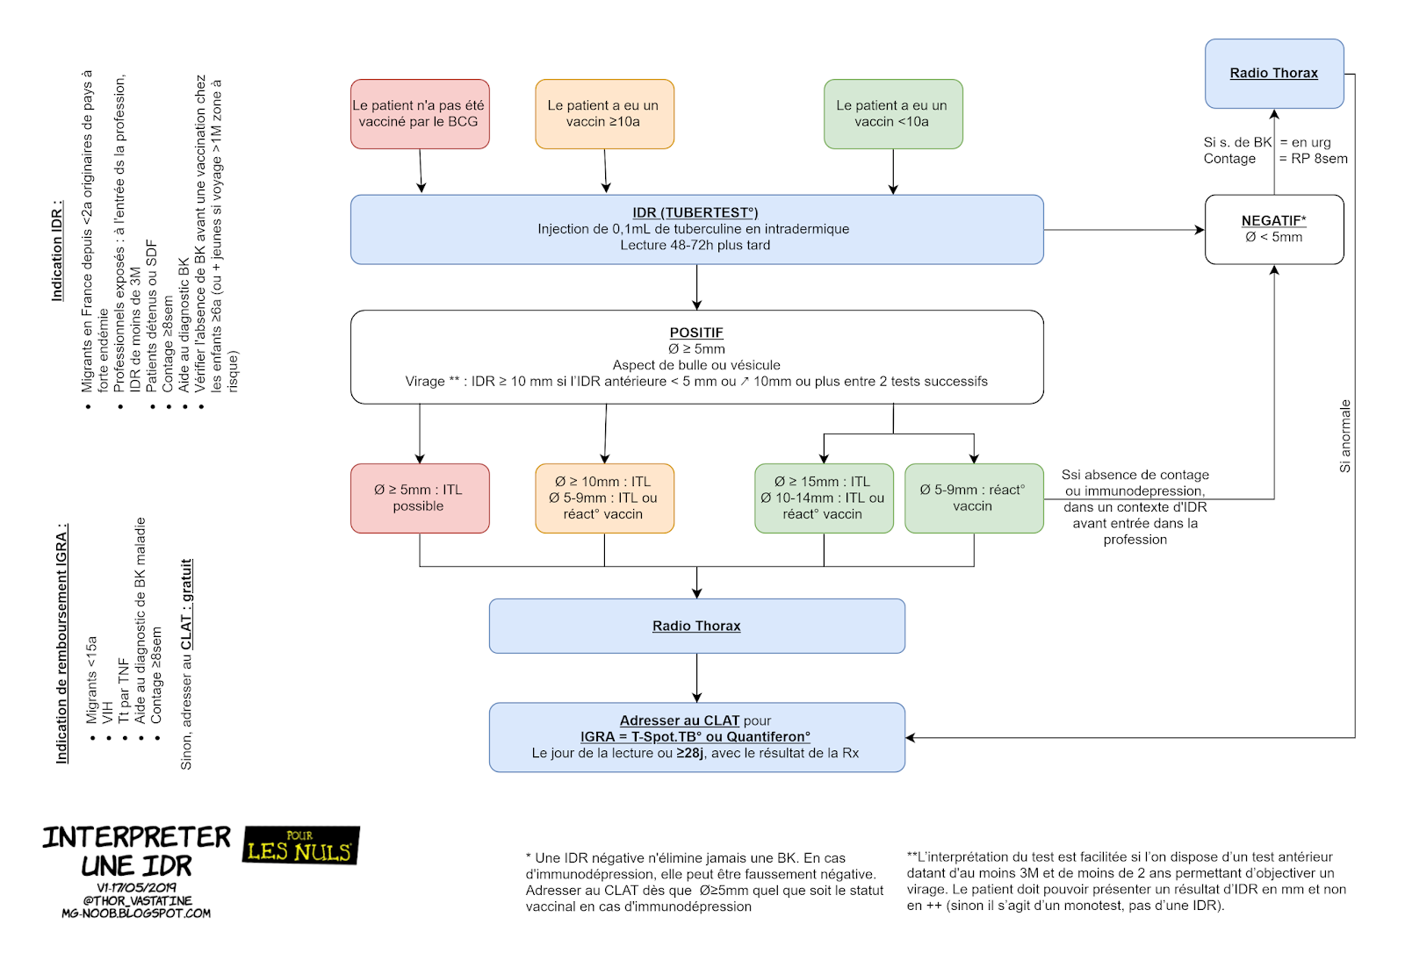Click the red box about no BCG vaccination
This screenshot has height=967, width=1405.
point(419,114)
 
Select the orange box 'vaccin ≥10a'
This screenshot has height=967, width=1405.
point(604,114)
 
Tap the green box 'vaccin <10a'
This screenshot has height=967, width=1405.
point(892,114)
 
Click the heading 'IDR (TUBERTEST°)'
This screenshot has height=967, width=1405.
point(695,212)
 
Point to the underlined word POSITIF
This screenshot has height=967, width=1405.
point(696,333)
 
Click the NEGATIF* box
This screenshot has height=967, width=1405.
point(1273,229)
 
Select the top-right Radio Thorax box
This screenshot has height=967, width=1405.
point(1273,74)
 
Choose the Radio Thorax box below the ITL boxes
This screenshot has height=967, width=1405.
point(696,626)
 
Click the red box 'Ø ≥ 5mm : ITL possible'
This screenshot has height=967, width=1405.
point(419,498)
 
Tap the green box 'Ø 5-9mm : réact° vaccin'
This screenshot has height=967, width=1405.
point(973,498)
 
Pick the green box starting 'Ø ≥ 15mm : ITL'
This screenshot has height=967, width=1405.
point(823,498)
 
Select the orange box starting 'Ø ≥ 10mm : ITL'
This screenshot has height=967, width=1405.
point(604,498)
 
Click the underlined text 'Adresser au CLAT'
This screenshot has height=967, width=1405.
point(680,720)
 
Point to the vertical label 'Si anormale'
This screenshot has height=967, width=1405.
point(1344,436)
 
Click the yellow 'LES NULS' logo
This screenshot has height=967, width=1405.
point(301,846)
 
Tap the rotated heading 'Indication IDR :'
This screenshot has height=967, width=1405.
point(57,251)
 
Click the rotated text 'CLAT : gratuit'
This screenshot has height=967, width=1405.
point(186,605)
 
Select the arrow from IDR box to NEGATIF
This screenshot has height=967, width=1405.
point(1124,230)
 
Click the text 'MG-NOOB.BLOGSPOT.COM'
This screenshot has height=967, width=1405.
point(136,913)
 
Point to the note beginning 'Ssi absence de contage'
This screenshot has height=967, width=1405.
point(1135,507)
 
